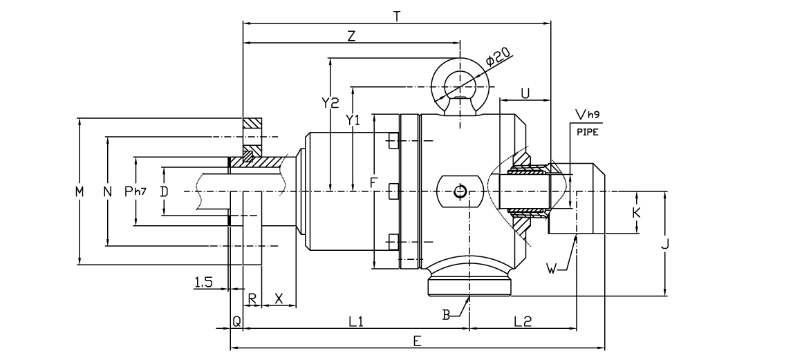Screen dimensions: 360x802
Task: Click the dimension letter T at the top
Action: point(396,16)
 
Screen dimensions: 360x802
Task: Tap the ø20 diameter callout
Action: point(498,57)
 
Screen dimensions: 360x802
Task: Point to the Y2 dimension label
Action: point(330,103)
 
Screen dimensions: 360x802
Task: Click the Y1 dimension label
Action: point(353,120)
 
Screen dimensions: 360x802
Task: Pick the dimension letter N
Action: point(107,191)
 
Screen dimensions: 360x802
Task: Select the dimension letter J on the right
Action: point(665,243)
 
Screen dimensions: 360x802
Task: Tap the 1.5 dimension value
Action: point(203,281)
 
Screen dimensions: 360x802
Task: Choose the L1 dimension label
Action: point(356,321)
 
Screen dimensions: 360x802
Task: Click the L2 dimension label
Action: point(522,321)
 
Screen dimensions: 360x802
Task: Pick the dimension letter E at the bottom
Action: point(417,341)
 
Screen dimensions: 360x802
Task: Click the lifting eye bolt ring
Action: point(460,86)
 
